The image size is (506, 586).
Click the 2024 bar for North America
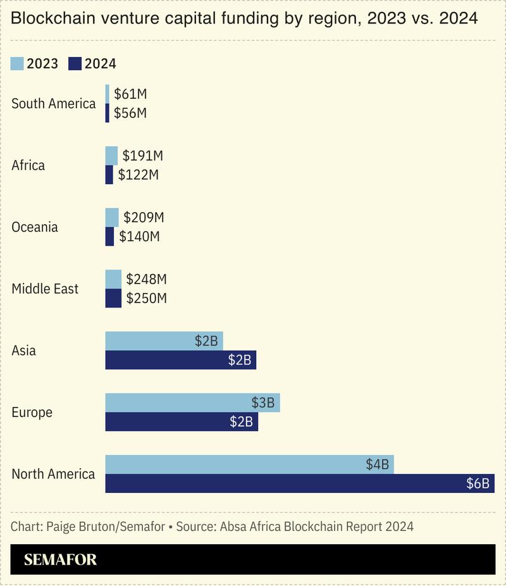pyautogui.click(x=300, y=483)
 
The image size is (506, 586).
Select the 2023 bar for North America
pyautogui.click(x=249, y=464)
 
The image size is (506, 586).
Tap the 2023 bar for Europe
pyautogui.click(x=192, y=402)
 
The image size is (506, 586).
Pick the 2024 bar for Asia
pyautogui.click(x=180, y=360)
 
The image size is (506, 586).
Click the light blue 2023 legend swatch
pyautogui.click(x=17, y=63)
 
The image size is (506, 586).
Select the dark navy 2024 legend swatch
pyautogui.click(x=75, y=63)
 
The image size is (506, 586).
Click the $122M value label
pyautogui.click(x=138, y=175)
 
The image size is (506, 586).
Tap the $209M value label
pyautogui.click(x=144, y=218)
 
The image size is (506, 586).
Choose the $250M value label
pyautogui.click(x=146, y=298)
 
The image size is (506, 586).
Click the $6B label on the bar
pyautogui.click(x=478, y=483)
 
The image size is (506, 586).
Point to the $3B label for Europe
pyautogui.click(x=262, y=402)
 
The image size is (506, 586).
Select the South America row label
pyautogui.click(x=54, y=104)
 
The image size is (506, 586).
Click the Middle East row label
pyautogui.click(x=45, y=289)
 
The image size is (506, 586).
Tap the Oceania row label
pyautogui.click(x=35, y=227)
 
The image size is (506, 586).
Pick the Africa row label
pyautogui.click(x=28, y=166)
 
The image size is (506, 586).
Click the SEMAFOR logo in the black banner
pyautogui.click(x=61, y=559)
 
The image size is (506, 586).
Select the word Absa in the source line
pyautogui.click(x=233, y=527)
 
